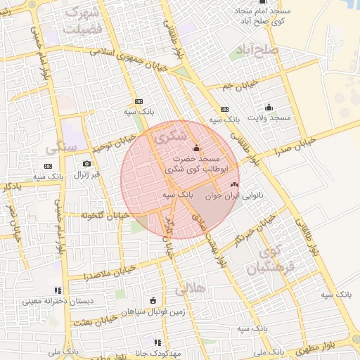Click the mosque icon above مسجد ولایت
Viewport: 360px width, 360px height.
269,108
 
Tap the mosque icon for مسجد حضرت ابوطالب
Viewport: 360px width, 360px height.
195,148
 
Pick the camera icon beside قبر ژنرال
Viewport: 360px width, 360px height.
86,164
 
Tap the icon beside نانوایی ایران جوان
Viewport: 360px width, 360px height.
234,184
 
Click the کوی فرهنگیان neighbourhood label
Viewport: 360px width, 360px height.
266,261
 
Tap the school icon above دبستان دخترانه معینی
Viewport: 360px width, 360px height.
58,290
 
